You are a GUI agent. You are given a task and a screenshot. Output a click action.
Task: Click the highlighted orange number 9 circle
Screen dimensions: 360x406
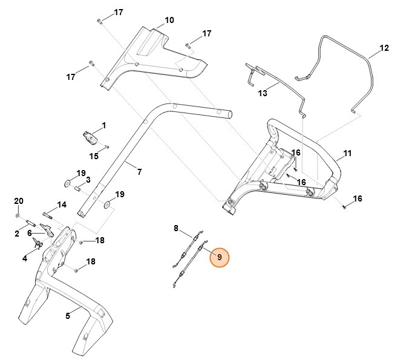pyautogui.click(x=219, y=257)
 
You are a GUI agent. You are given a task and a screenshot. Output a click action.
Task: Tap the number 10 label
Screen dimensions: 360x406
pyautogui.click(x=169, y=20)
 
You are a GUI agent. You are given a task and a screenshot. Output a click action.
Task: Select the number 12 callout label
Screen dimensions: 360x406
pyautogui.click(x=384, y=48)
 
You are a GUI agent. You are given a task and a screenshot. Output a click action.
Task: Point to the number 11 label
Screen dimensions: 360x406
pyautogui.click(x=347, y=154)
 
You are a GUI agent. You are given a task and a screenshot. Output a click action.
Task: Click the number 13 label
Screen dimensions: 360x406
pyautogui.click(x=263, y=93)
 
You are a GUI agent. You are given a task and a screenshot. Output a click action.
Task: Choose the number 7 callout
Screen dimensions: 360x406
pyautogui.click(x=139, y=172)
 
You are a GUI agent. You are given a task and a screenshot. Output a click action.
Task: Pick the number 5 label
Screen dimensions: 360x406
pyautogui.click(x=68, y=315)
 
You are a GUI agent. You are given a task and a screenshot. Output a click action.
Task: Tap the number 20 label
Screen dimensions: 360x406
pyautogui.click(x=18, y=201)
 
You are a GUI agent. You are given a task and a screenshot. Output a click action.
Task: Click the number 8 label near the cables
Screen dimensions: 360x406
pyautogui.click(x=176, y=228)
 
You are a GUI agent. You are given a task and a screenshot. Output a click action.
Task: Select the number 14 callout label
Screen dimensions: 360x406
pyautogui.click(x=62, y=205)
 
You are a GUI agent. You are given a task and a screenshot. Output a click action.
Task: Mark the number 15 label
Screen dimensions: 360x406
pyautogui.click(x=94, y=157)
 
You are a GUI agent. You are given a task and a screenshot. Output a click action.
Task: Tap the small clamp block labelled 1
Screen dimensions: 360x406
pyautogui.click(x=89, y=136)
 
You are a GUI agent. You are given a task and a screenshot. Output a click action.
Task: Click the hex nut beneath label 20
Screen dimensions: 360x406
pyautogui.click(x=18, y=215)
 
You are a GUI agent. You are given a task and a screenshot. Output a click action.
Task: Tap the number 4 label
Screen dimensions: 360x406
pyautogui.click(x=25, y=258)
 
